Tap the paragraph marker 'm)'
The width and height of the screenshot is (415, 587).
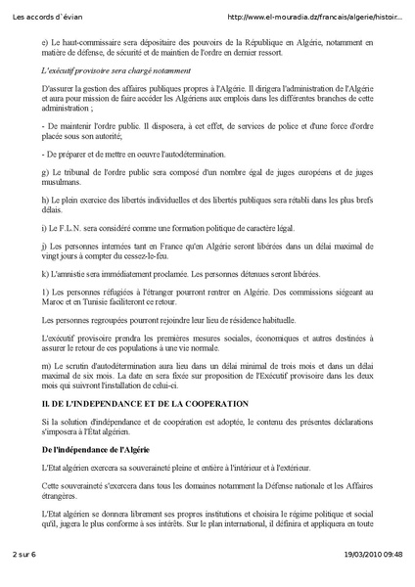tap(47, 365)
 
